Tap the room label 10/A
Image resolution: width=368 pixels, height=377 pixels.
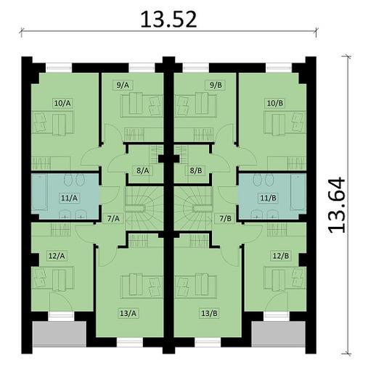click(62, 104)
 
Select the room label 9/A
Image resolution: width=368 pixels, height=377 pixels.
click(122, 85)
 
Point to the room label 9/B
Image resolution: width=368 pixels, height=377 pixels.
click(215, 85)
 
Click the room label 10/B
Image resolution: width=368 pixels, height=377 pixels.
click(275, 104)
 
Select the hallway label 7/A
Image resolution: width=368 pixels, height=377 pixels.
click(113, 217)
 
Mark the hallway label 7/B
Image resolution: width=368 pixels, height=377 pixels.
click(225, 217)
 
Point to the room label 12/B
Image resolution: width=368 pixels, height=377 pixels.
click(280, 255)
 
